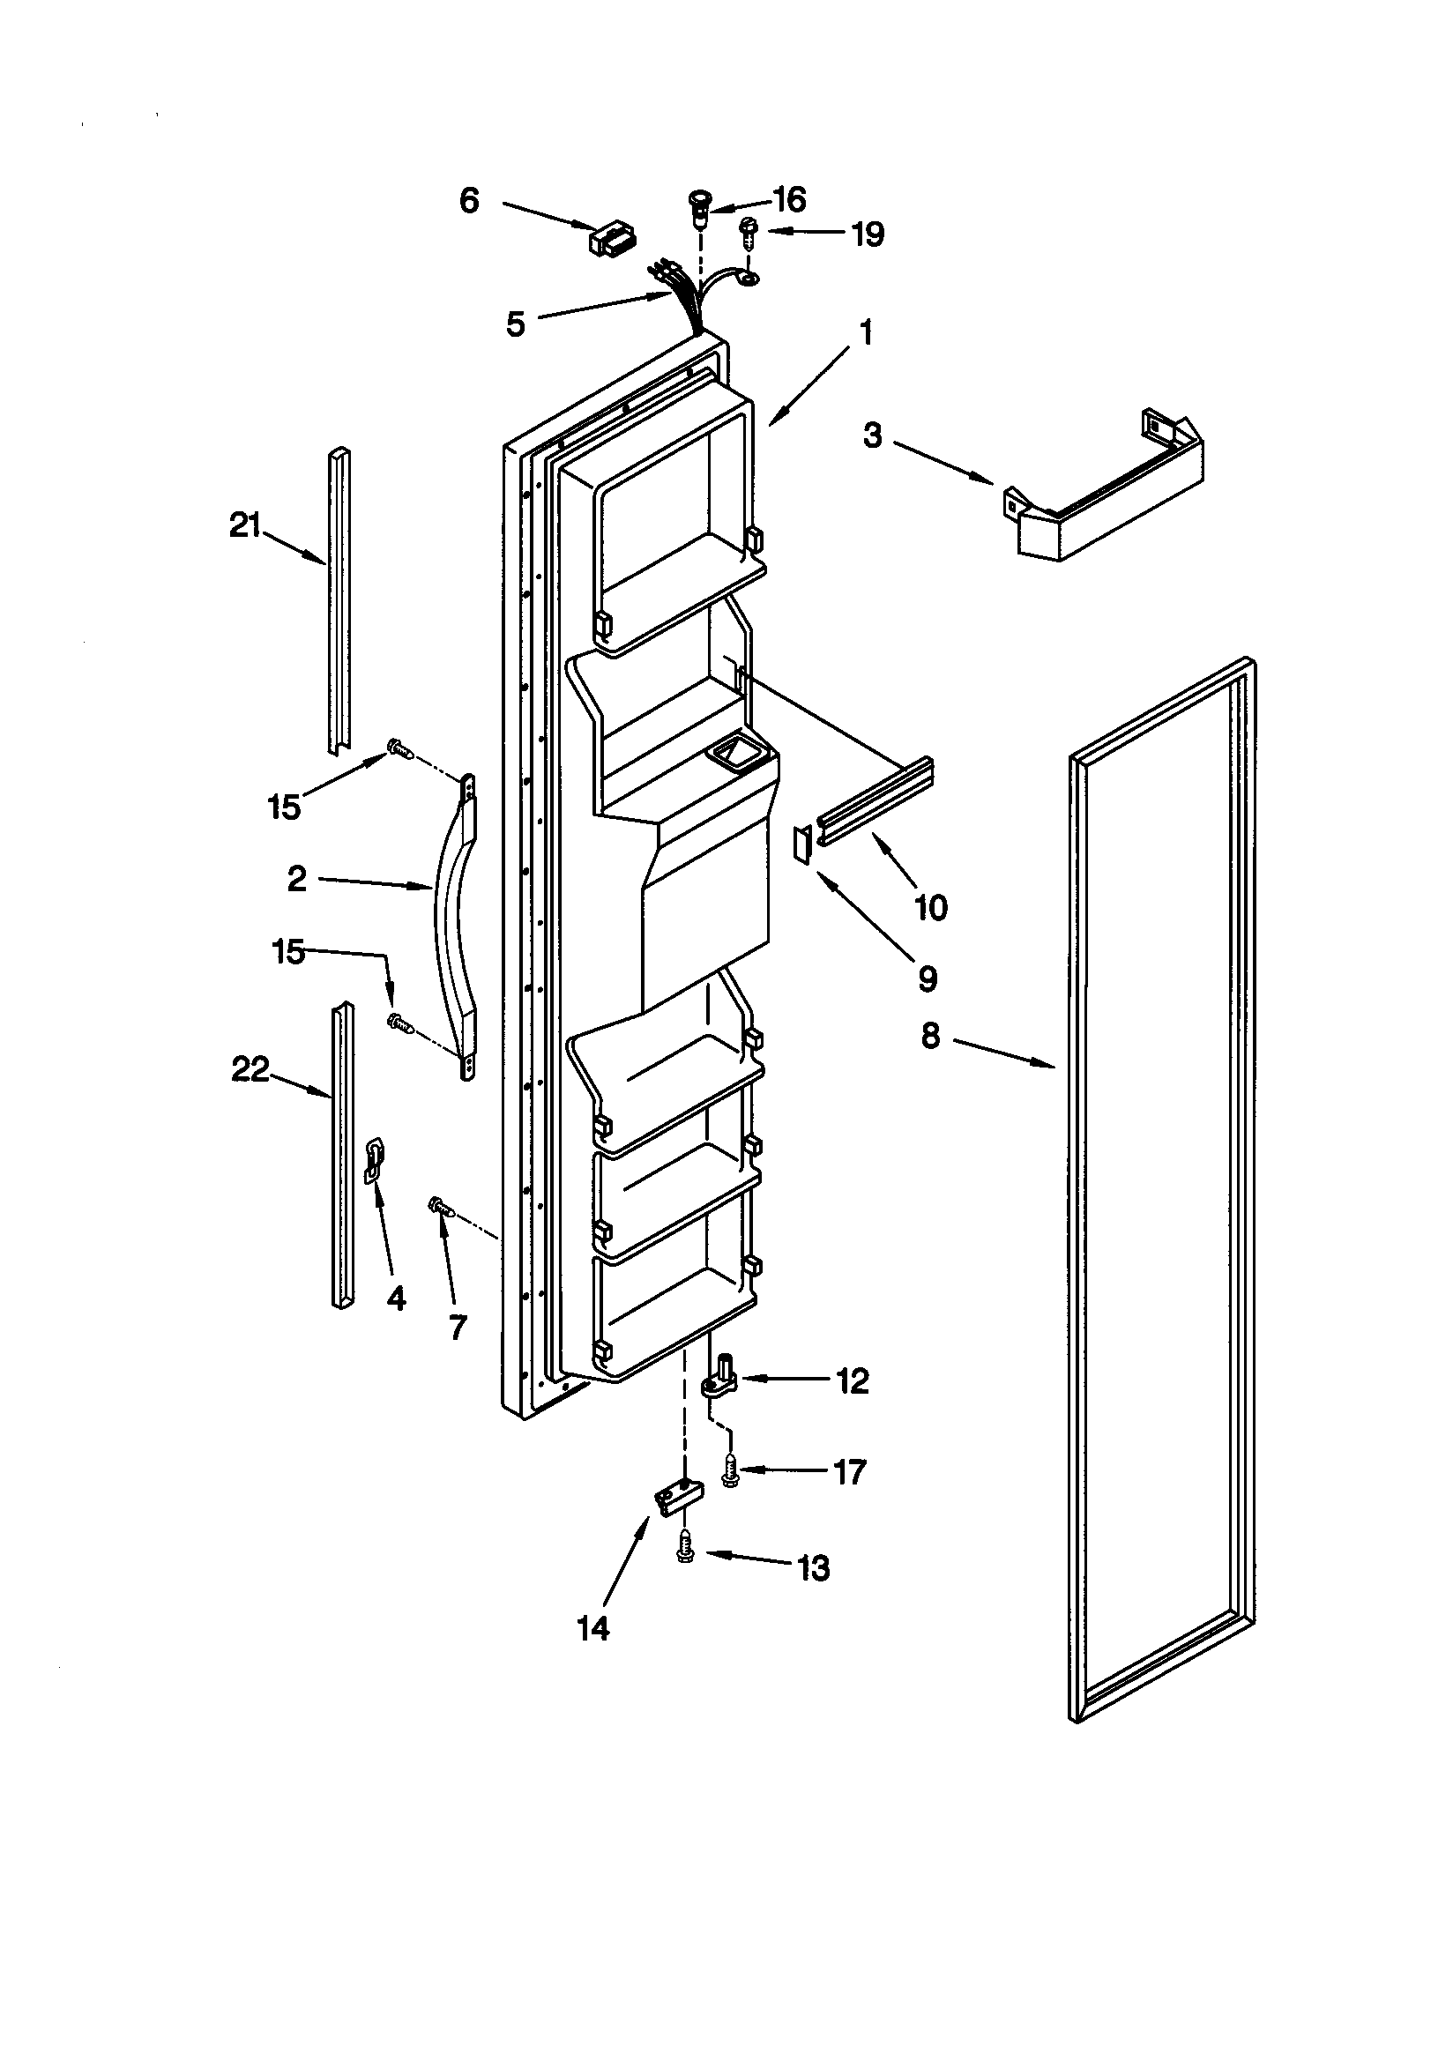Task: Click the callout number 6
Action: tap(469, 200)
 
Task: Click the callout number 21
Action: tap(244, 525)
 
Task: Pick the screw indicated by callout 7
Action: tap(440, 1209)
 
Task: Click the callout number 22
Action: tap(250, 1069)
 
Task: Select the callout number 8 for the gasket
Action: tap(930, 1037)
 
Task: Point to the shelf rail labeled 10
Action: tap(876, 792)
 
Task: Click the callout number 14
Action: tap(593, 1627)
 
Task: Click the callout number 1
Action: tap(866, 333)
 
